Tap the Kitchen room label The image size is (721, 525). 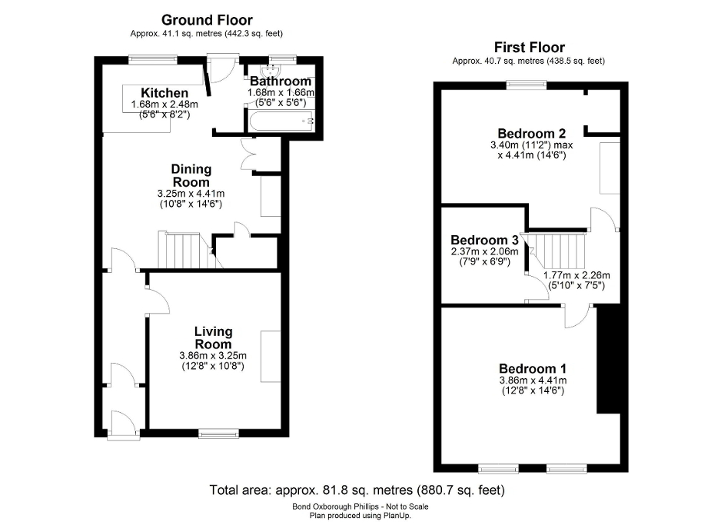(164, 93)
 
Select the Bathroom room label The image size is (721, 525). (281, 81)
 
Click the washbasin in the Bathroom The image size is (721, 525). (274, 65)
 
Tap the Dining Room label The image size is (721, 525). (191, 175)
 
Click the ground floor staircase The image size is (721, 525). (183, 250)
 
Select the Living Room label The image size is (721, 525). (213, 337)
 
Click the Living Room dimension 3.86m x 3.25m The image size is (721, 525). (213, 355)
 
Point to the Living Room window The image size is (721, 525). (212, 435)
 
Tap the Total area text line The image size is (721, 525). (357, 490)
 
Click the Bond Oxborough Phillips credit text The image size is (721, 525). (359, 507)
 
